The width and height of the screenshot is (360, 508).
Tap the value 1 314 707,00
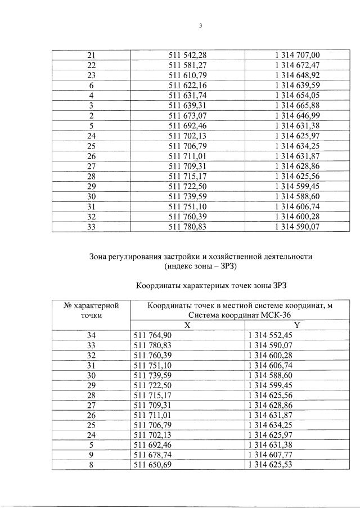[x=297, y=55]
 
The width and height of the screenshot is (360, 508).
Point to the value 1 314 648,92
[x=297, y=75]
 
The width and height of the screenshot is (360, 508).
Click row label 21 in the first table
[x=91, y=55]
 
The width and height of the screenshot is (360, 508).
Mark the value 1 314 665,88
[x=297, y=105]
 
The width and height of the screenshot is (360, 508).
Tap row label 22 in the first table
[x=91, y=65]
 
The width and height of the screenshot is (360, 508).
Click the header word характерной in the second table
[x=91, y=305]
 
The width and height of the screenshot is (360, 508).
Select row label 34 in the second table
[x=91, y=335]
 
